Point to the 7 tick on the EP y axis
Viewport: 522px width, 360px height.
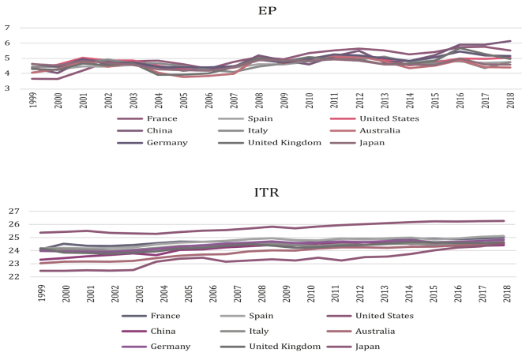[x=6, y=28]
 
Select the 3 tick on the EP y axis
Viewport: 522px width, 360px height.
[x=6, y=88]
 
